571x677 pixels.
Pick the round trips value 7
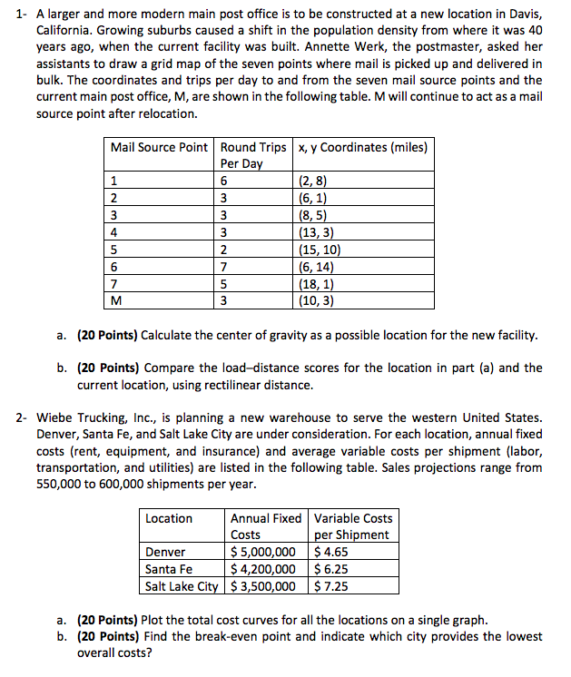(x=224, y=267)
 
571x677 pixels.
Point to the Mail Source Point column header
(x=159, y=147)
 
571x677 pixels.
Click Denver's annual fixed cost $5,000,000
(x=263, y=552)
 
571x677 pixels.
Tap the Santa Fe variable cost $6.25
(x=331, y=569)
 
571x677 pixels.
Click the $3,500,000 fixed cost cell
(x=263, y=585)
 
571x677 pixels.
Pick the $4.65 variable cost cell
(x=330, y=552)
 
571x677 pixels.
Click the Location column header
(x=169, y=518)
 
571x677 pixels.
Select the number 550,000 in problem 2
(x=62, y=484)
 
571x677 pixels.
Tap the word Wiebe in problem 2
(x=55, y=418)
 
